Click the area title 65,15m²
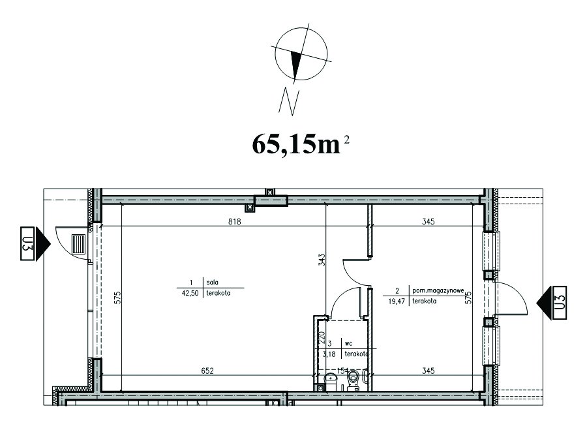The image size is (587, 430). [x=301, y=145]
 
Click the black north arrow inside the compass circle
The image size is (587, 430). [x=296, y=65]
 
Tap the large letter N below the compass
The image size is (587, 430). [x=289, y=102]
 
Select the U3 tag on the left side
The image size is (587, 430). [x=27, y=243]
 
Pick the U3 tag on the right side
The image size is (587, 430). [x=560, y=303]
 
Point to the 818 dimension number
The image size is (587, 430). [x=234, y=221]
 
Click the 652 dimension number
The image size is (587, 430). [x=207, y=371]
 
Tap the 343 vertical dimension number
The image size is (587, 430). [x=322, y=260]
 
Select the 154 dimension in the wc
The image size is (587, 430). [x=343, y=371]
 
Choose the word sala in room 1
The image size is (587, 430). [x=213, y=283]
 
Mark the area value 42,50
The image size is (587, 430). [x=190, y=293]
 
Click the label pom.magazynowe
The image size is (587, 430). [x=438, y=290]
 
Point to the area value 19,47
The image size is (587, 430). [x=397, y=301]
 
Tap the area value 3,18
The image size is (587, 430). [x=329, y=354]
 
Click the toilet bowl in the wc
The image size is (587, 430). [x=353, y=380]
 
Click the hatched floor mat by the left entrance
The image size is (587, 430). [x=79, y=244]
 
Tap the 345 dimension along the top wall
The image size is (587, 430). [x=428, y=221]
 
